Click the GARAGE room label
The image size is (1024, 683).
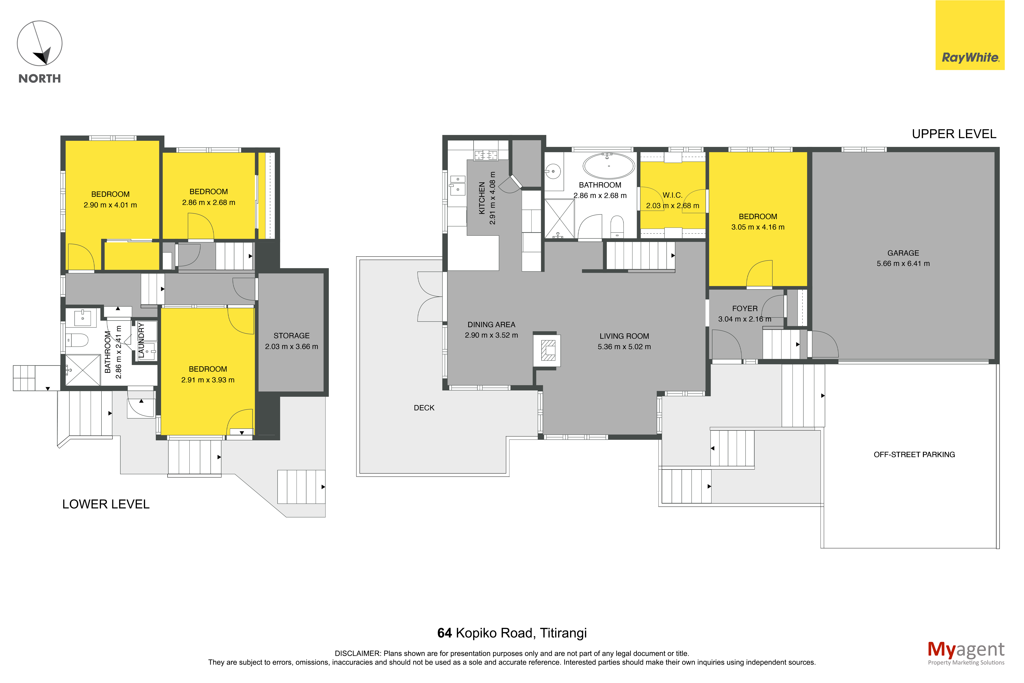[x=903, y=253]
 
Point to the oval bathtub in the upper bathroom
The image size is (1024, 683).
[x=608, y=166]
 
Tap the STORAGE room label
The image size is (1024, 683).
[x=292, y=336]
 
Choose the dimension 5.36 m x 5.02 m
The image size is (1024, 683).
[x=624, y=347]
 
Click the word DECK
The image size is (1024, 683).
[x=424, y=408]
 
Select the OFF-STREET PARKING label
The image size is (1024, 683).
[x=914, y=454]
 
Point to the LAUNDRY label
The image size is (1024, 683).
[x=141, y=340]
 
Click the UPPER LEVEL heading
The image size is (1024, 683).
[x=954, y=134]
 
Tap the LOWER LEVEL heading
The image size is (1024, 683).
[x=106, y=504]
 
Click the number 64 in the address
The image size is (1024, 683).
[x=444, y=633]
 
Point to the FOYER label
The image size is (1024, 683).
[x=745, y=308]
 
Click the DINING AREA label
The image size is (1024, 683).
[x=491, y=325]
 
